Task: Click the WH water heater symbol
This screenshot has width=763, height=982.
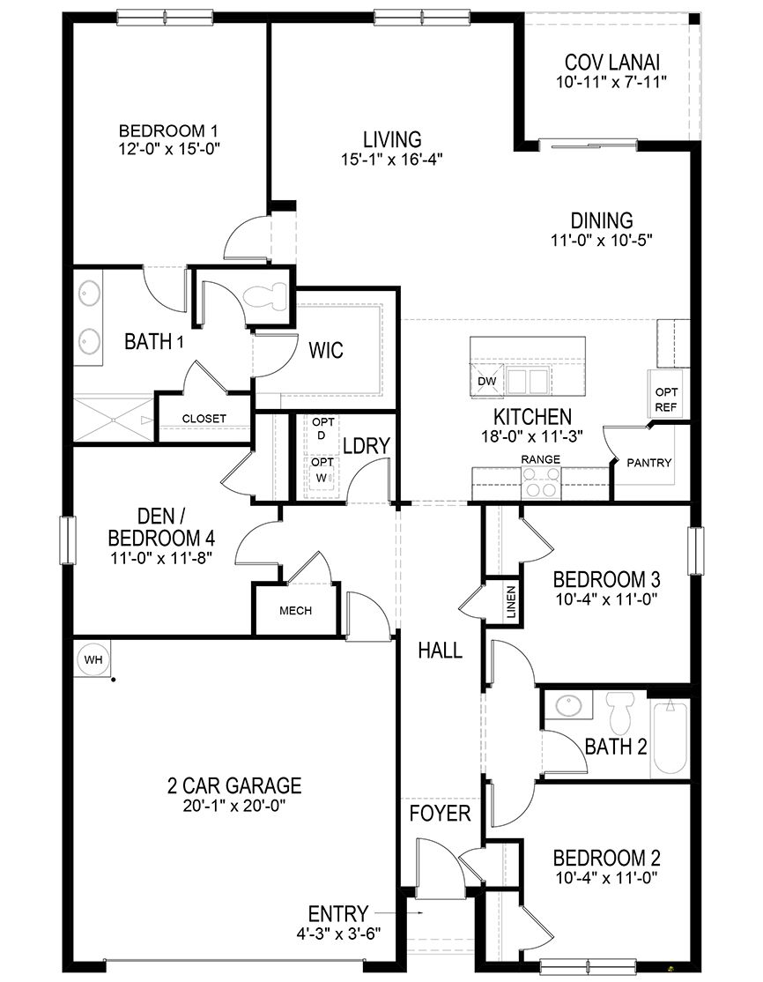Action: point(92,658)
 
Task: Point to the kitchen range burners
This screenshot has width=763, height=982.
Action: point(542,483)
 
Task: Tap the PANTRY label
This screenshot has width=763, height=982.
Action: point(648,463)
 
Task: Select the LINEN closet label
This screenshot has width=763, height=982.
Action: point(510,602)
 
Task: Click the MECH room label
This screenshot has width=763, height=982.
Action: point(295,611)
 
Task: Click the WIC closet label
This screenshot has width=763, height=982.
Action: point(325,350)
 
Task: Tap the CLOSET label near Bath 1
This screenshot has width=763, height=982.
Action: point(204,418)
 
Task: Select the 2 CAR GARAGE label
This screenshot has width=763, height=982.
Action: point(234,785)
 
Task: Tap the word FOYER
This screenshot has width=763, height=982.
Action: point(441,813)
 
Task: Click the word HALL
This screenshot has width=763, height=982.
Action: point(440,651)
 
